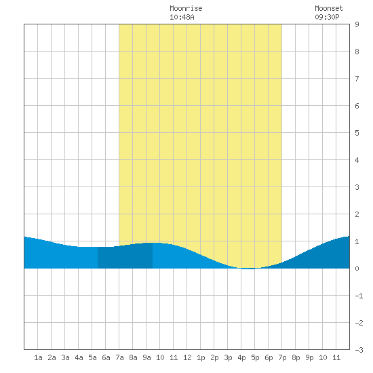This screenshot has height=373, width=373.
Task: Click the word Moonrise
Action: point(186,8)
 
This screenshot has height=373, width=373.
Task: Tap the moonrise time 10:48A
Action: point(182,17)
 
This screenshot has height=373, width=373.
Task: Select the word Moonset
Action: point(329,8)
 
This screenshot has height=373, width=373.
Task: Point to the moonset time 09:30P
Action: point(327,17)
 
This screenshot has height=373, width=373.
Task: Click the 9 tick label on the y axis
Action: point(357,24)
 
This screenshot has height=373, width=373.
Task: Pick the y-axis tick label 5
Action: point(357,133)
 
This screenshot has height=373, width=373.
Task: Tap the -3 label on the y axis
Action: point(359,350)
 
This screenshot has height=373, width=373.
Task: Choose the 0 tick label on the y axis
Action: point(357,269)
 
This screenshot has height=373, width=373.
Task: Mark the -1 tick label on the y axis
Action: point(359,296)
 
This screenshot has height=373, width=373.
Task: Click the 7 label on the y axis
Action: point(357,79)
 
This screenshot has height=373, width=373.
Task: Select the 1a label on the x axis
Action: point(38,357)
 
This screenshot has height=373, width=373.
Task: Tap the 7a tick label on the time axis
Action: point(119,357)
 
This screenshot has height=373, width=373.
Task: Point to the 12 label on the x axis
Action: point(187,357)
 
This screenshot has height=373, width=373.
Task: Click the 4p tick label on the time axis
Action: point(241,357)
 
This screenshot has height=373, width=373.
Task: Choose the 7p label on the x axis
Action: point(282,357)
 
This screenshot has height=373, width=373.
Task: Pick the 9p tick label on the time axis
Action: point(309,357)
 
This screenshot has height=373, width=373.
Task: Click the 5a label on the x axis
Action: point(92,357)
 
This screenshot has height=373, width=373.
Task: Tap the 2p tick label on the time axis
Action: point(214,357)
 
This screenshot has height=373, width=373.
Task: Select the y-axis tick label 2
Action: point(357,214)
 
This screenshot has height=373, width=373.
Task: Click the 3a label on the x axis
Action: point(65,357)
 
